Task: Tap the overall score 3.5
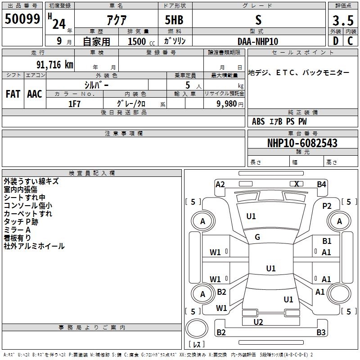pyautogui.click(x=342, y=21)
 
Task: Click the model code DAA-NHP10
pyautogui.click(x=258, y=41)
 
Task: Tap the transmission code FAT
pyautogui.click(x=13, y=94)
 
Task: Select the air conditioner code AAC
pyautogui.click(x=34, y=94)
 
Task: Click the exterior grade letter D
pyautogui.click(x=335, y=41)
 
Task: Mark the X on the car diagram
pyautogui.click(x=297, y=184)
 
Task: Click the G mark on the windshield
pyautogui.click(x=257, y=237)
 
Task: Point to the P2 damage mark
pyautogui.click(x=327, y=206)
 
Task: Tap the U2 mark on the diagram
pyautogui.click(x=258, y=322)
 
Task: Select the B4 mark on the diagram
pyautogui.click(x=321, y=184)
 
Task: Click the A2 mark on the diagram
pyautogui.click(x=220, y=184)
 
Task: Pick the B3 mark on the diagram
pyautogui.click(x=320, y=333)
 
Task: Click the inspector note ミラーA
pyautogui.click(x=17, y=230)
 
